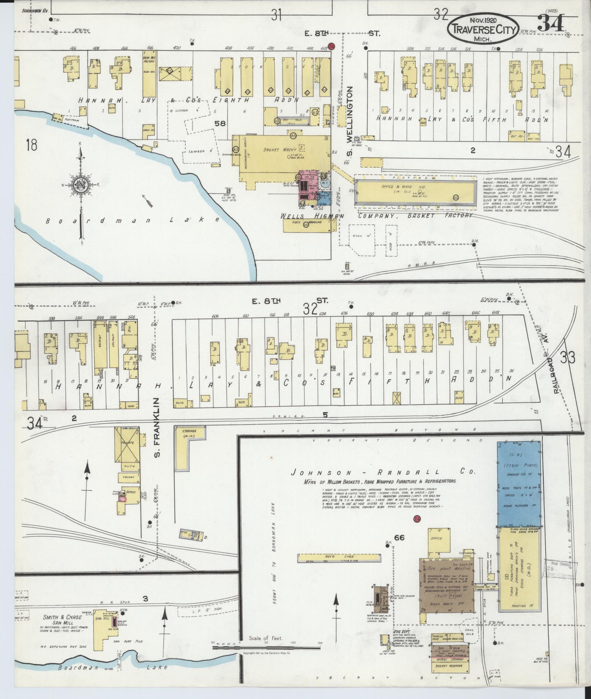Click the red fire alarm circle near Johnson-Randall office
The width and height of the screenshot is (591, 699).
[x=417, y=519]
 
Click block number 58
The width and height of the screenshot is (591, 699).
[x=220, y=124]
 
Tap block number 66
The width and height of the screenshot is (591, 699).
[x=400, y=538]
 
